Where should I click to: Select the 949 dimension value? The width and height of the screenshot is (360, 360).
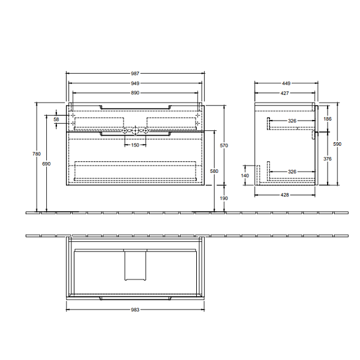[135, 83]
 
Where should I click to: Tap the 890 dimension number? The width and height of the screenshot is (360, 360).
[135, 93]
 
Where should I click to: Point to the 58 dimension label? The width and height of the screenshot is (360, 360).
[56, 119]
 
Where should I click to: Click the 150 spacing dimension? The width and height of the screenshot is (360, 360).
[135, 145]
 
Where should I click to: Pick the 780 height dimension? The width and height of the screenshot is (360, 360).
[37, 154]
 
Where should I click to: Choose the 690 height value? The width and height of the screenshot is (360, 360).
[47, 163]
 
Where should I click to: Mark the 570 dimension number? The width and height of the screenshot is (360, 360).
[224, 146]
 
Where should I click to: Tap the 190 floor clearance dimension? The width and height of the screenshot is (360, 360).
[224, 199]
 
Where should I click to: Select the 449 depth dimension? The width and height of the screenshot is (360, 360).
[286, 83]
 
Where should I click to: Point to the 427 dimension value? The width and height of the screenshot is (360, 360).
[286, 93]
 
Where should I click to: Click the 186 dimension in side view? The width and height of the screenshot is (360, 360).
[327, 119]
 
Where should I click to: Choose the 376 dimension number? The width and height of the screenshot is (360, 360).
[327, 159]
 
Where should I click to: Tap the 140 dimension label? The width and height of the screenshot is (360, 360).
[245, 175]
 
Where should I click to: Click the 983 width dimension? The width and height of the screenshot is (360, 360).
[135, 310]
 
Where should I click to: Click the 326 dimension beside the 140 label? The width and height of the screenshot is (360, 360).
[292, 172]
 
